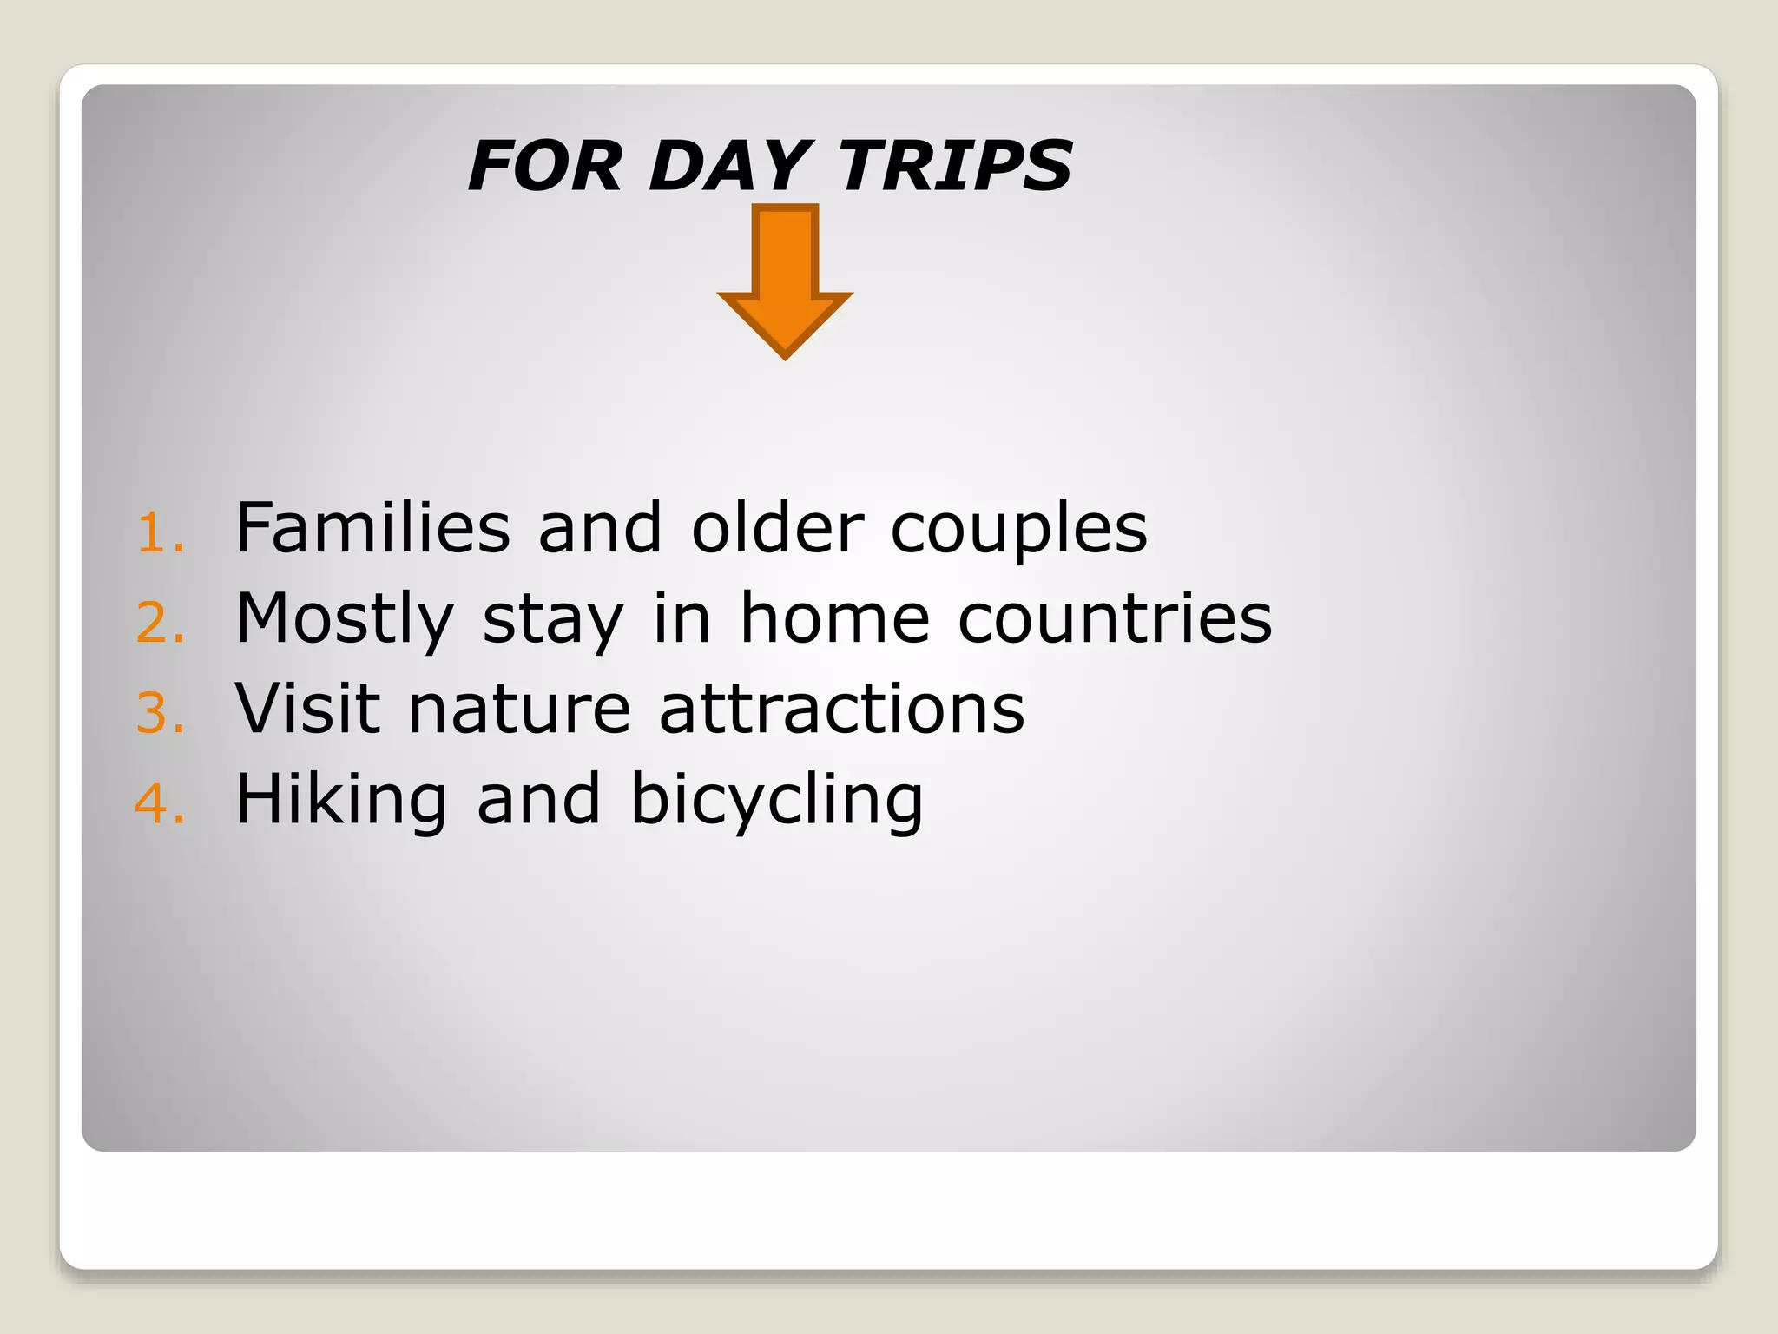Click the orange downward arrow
[785, 278]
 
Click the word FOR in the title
[545, 166]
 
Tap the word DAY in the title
[729, 166]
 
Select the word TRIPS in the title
[955, 166]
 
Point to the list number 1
[160, 532]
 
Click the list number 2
[160, 623]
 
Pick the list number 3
[160, 713]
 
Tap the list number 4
[160, 803]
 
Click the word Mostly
[345, 620]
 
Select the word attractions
[841, 710]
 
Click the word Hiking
[341, 800]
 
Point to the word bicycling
[776, 800]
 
